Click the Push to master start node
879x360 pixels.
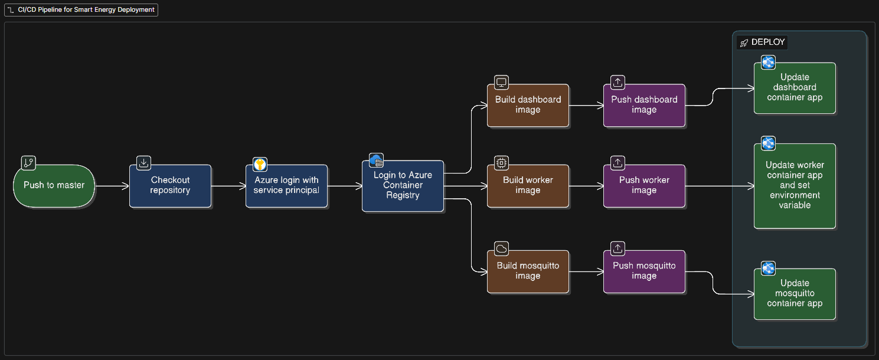pos(54,185)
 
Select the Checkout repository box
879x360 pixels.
pos(170,185)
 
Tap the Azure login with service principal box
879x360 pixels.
pos(286,185)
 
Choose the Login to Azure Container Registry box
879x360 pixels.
pos(403,185)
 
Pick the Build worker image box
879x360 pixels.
pos(528,185)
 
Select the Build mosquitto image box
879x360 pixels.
pos(528,271)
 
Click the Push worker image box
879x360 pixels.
pos(644,185)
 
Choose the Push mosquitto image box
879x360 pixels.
pos(644,271)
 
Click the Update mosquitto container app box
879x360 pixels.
pos(795,293)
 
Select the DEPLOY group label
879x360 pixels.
pos(767,42)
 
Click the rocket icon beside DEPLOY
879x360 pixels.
pos(744,42)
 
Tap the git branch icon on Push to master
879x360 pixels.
pos(28,163)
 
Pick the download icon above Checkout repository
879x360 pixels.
pos(143,163)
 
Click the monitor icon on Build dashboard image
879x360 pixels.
pos(501,82)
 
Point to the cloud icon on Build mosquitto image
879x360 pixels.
pos(501,248)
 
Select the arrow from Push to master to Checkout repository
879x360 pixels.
pos(112,186)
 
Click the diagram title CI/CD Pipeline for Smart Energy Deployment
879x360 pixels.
pos(83,10)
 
